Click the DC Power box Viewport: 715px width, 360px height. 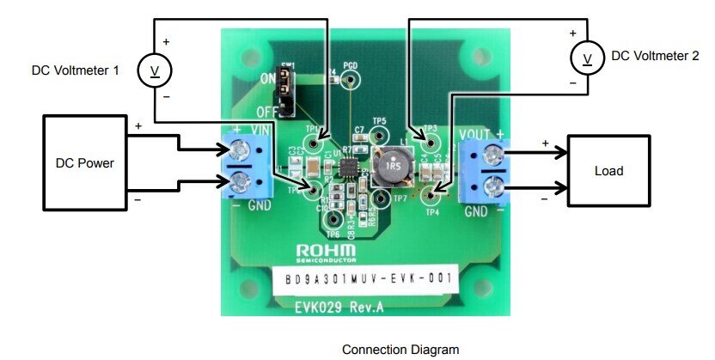click(84, 162)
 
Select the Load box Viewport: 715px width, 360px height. click(608, 170)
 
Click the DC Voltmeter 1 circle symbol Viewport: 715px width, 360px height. click(155, 70)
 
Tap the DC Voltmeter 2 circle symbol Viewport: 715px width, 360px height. click(589, 58)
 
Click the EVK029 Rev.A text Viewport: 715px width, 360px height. click(337, 305)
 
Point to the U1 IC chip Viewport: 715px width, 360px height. click(350, 164)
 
